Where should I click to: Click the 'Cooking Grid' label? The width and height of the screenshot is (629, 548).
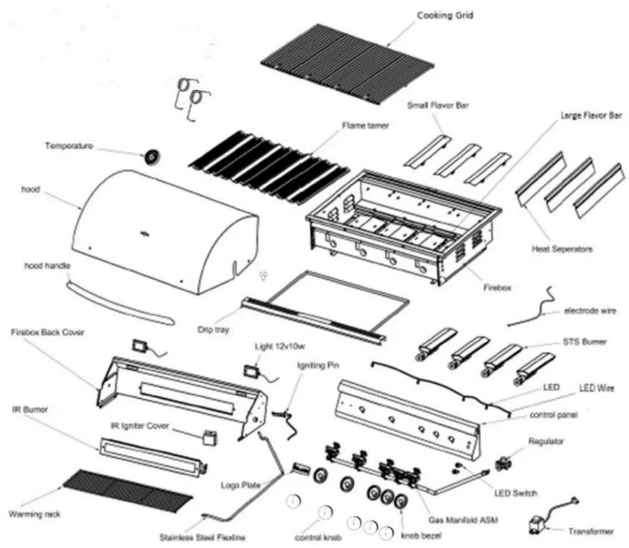(x=445, y=15)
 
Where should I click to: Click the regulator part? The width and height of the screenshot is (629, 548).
(x=503, y=464)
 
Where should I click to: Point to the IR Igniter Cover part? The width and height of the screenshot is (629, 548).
(x=210, y=437)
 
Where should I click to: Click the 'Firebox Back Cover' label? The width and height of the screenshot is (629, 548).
(x=48, y=332)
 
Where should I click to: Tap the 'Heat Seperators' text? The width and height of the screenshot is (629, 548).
(x=562, y=249)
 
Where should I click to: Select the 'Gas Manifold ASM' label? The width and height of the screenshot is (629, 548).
(x=463, y=520)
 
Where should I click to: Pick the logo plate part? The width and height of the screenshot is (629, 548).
(x=302, y=468)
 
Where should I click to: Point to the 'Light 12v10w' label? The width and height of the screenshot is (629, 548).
(x=280, y=346)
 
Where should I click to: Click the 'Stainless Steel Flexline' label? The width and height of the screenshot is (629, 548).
(x=202, y=537)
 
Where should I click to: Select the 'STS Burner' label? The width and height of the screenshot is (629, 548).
(x=584, y=342)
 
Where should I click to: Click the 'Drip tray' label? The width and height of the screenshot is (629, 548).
(x=213, y=330)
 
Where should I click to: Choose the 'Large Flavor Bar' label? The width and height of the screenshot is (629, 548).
(x=591, y=115)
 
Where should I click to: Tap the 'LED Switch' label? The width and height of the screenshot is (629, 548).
(x=515, y=493)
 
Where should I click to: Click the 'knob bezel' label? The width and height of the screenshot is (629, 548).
(x=421, y=535)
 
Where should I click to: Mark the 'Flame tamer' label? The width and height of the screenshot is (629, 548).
(x=365, y=126)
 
